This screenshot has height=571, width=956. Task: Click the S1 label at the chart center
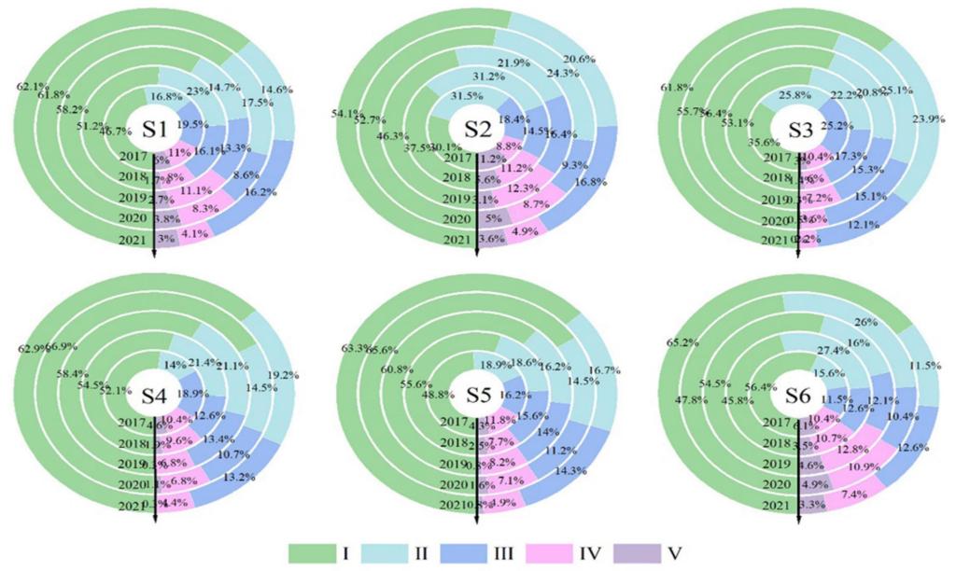point(153,128)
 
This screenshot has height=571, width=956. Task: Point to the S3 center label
point(799,128)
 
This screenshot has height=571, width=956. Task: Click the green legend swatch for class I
point(316,551)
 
